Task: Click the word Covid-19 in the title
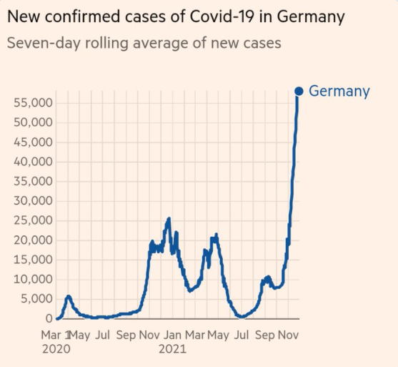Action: [x=221, y=16]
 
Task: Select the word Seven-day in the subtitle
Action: [x=42, y=44]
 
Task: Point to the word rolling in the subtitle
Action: [x=106, y=44]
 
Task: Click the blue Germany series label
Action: [x=339, y=92]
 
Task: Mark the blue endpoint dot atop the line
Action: [x=299, y=92]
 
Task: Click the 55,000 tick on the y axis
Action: [x=34, y=103]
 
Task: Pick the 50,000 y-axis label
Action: [x=34, y=123]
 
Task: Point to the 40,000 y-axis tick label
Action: [x=34, y=162]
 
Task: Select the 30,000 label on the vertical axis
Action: [x=34, y=201]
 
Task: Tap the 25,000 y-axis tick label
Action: [x=34, y=220]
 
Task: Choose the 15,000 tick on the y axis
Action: [x=34, y=260]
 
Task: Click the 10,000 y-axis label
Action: [x=34, y=279]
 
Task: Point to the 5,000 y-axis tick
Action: [x=36, y=299]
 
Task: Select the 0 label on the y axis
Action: [x=49, y=318]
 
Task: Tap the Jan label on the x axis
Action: [x=172, y=335]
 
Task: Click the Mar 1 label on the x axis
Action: [x=55, y=335]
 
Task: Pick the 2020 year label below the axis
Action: [x=56, y=349]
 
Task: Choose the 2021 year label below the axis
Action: [x=172, y=349]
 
